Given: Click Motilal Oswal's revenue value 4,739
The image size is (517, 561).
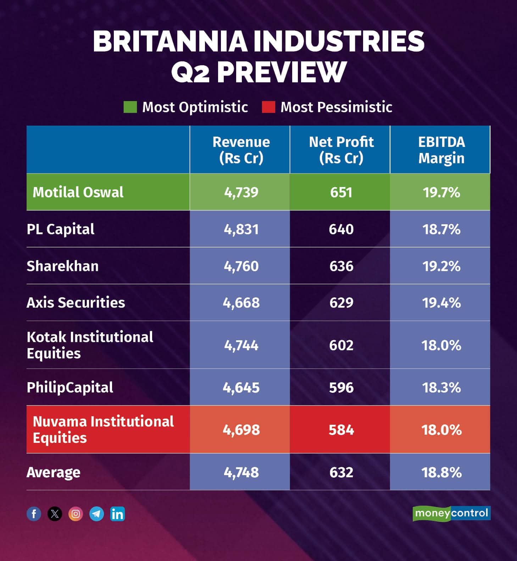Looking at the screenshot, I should pyautogui.click(x=241, y=192).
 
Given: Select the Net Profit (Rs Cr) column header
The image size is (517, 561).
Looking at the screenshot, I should pyautogui.click(x=341, y=150).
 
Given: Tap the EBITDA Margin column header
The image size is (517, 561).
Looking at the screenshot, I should pyautogui.click(x=441, y=150).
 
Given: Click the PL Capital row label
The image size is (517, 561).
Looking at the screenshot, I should pyautogui.click(x=61, y=229).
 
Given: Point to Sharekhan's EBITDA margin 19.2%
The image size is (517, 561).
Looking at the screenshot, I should pyautogui.click(x=441, y=266).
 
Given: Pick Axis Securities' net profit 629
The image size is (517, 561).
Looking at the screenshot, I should pyautogui.click(x=341, y=303).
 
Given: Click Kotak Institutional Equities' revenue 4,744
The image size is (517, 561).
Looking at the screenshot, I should pyautogui.click(x=241, y=345).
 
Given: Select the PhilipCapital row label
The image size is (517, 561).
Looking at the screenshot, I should pyautogui.click(x=70, y=387).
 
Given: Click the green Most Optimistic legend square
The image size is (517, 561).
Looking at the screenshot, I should pyautogui.click(x=130, y=107).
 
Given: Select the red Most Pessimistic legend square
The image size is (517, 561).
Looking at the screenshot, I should pyautogui.click(x=268, y=107).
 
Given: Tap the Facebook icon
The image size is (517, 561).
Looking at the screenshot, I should pyautogui.click(x=34, y=514).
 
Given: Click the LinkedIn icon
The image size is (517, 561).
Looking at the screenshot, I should pyautogui.click(x=117, y=514).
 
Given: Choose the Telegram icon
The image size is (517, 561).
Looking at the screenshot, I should pyautogui.click(x=96, y=514).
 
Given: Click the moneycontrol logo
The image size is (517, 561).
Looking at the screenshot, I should pyautogui.click(x=451, y=513).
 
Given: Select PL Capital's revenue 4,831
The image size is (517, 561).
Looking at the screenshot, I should pyautogui.click(x=241, y=229).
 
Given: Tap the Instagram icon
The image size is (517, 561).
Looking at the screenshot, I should pyautogui.click(x=76, y=514).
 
